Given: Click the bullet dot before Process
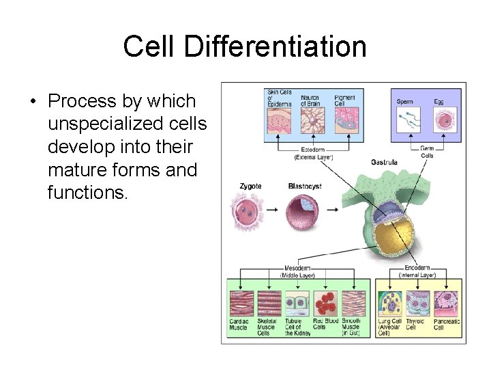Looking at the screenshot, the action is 32,102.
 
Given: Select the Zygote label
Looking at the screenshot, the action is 250,186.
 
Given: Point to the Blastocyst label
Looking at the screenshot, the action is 305,186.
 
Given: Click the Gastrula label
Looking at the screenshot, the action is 384,163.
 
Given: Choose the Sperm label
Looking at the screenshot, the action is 405,102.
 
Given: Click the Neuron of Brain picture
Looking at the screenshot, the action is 312,120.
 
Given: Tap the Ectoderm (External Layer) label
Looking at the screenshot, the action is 314,153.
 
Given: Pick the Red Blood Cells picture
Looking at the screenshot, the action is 325,303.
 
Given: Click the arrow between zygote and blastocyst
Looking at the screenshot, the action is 271,210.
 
